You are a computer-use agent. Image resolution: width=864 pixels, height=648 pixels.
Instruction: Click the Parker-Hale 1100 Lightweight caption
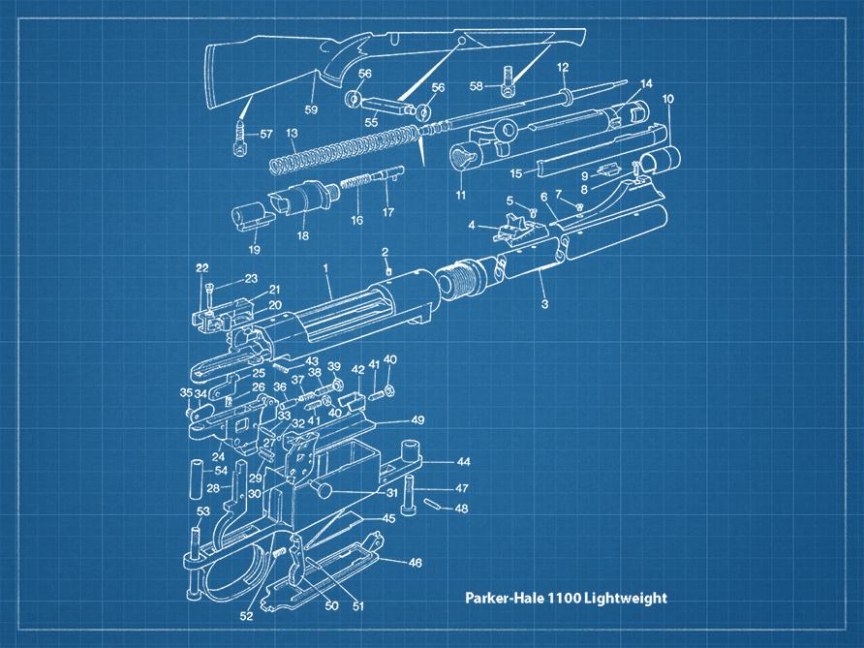566,598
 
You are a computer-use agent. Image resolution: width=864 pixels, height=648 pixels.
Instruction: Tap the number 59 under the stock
311,109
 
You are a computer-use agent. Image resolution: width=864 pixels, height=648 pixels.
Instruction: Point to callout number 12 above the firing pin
562,67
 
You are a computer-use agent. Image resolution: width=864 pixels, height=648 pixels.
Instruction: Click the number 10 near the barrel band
667,99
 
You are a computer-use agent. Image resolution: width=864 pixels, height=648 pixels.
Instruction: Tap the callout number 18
302,234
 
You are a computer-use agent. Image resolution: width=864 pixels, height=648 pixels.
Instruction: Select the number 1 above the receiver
327,266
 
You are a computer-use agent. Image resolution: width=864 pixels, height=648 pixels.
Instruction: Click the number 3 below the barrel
544,304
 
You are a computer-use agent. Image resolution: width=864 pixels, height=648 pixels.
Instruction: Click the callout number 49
417,419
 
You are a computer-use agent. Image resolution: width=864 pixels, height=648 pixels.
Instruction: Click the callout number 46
415,562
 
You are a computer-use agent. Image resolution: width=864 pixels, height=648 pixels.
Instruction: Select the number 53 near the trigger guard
203,510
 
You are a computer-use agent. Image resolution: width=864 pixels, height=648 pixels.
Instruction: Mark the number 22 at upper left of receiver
201,267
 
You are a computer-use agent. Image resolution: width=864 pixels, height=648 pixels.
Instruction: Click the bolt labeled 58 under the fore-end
507,85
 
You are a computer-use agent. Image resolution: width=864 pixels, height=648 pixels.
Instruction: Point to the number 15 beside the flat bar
516,173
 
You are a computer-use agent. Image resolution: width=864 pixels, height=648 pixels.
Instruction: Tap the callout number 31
391,492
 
